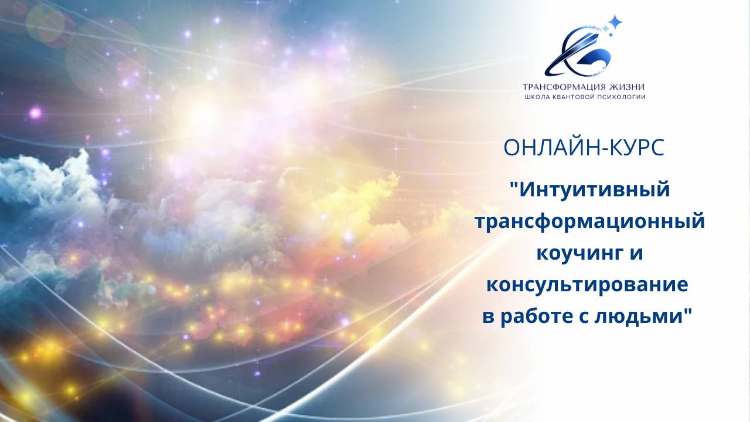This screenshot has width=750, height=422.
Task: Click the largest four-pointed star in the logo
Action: [615, 23]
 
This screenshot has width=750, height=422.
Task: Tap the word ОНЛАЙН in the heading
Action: [547, 148]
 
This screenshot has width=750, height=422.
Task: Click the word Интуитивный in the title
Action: [594, 190]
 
